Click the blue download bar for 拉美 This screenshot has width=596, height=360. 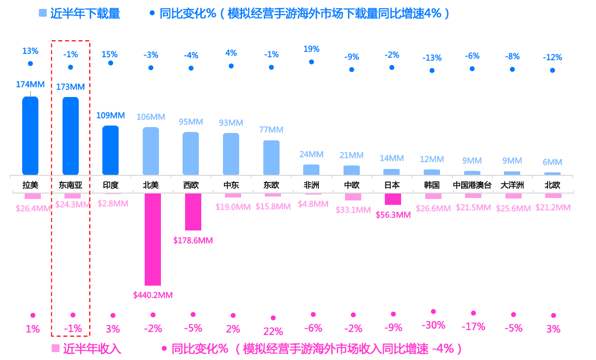tap(30, 135)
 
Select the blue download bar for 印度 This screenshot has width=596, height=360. tap(110, 150)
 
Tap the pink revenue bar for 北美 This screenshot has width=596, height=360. tap(153, 239)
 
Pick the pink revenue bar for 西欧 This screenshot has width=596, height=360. tap(193, 212)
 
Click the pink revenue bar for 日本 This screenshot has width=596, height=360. tap(393, 199)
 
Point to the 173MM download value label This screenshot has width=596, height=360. tap(70, 87)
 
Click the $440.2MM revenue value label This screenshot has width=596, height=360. tap(153, 295)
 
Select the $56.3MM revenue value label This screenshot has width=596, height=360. tap(393, 215)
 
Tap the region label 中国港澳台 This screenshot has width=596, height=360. tap(472, 186)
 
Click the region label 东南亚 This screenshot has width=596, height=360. tap(70, 186)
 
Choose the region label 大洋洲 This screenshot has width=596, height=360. tap(512, 186)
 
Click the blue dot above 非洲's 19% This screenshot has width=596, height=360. tap(312, 62)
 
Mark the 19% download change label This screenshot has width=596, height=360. tap(312, 49)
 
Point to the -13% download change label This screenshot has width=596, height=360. tap(432, 58)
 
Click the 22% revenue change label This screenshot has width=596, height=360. tap(273, 331)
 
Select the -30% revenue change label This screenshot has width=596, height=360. tap(433, 325)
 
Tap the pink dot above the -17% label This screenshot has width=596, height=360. tap(473, 313)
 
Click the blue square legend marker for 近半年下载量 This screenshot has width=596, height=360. tap(42, 14)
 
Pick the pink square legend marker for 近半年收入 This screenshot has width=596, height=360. tap(55, 349)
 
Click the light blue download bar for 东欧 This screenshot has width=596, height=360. tap(271, 158)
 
